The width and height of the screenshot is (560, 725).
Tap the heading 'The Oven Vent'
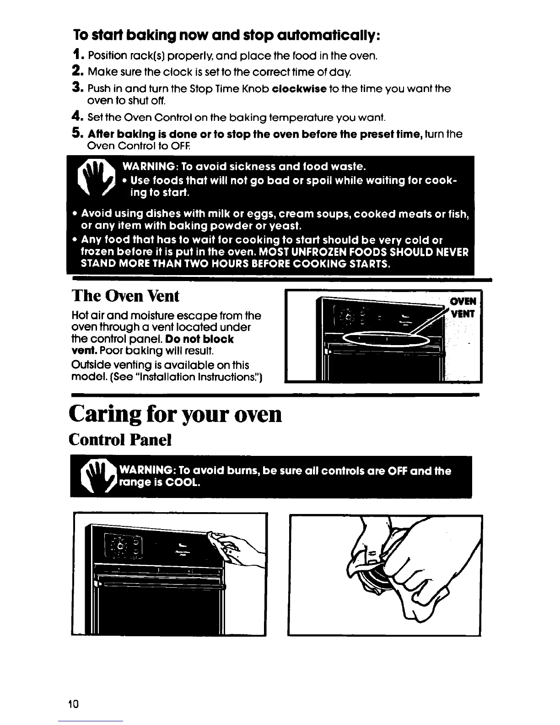point(125,296)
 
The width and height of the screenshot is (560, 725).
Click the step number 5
point(77,133)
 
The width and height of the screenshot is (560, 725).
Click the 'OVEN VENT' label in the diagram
point(463,308)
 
